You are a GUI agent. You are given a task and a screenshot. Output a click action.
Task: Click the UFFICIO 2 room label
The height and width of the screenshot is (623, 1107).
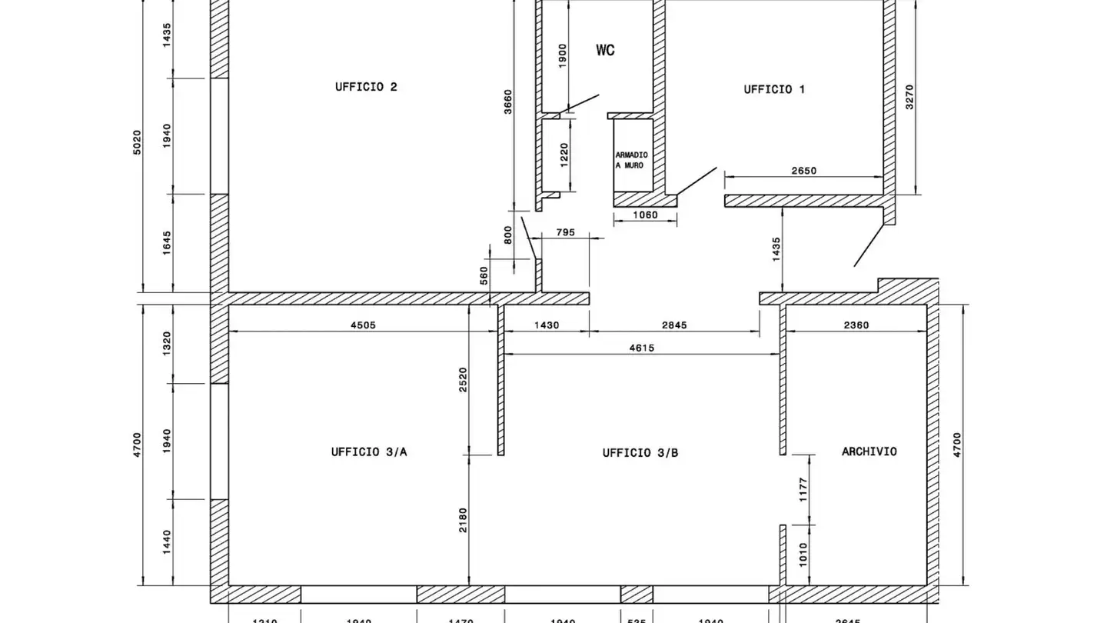[366, 87]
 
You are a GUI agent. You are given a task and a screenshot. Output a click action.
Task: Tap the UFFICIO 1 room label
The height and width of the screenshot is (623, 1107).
[774, 89]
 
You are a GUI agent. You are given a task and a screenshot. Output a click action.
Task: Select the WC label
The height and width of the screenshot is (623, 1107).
[605, 51]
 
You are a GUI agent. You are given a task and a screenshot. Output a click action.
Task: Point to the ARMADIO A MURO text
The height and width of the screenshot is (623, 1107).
[630, 160]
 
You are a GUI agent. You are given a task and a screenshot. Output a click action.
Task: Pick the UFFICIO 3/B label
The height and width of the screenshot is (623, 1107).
[640, 453]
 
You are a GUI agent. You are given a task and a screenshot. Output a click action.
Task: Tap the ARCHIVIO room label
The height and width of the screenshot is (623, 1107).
[869, 451]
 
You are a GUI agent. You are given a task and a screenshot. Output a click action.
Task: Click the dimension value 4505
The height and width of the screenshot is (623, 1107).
[363, 325]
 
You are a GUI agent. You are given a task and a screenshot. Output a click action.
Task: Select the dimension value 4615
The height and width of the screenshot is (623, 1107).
[641, 348]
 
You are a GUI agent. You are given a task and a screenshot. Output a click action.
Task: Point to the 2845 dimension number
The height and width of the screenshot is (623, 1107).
[674, 325]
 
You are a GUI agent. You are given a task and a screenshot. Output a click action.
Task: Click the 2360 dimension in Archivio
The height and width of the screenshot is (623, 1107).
[856, 325]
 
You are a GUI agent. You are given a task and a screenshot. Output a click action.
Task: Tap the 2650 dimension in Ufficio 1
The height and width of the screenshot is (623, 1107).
[803, 171]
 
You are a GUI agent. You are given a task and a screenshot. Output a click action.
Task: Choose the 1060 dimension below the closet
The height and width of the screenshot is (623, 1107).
[645, 215]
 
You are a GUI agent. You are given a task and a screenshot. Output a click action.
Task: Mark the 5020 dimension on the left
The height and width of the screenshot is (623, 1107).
[138, 142]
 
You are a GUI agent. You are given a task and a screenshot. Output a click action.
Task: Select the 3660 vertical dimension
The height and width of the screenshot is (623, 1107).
[507, 102]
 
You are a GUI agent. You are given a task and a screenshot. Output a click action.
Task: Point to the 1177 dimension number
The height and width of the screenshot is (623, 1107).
[803, 490]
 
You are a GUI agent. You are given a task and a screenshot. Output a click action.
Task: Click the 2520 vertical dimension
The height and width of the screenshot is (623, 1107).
[463, 380]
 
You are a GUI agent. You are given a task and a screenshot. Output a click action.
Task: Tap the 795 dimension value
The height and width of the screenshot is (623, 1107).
[565, 232]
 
